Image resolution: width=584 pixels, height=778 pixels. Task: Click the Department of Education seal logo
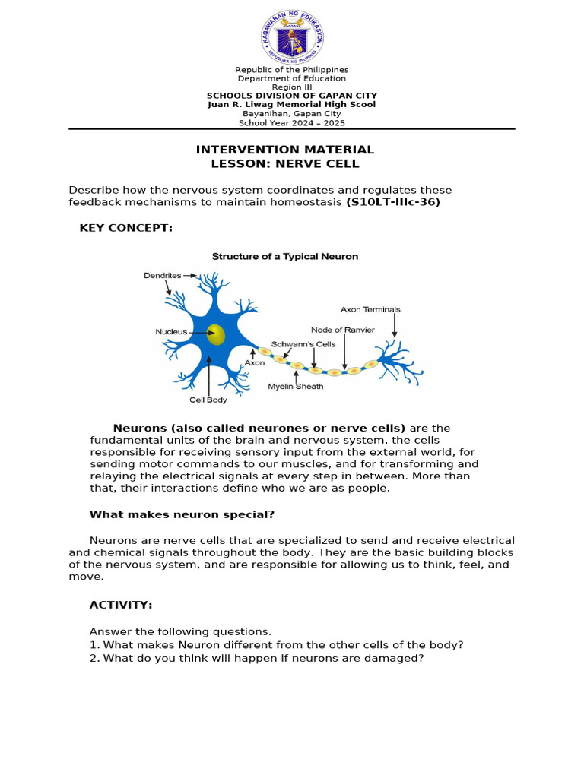pos(292,37)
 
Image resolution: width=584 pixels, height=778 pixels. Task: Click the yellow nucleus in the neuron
pos(216,334)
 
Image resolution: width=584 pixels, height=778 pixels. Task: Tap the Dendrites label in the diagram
pos(163,275)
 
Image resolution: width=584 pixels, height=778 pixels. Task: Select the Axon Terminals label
pos(370,309)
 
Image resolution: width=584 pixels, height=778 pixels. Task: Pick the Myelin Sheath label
pos(296,386)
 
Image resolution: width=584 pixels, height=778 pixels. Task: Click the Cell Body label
pos(208,399)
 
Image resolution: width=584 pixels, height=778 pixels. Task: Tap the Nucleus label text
pos(171,332)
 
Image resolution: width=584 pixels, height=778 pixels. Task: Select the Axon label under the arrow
pos(254,363)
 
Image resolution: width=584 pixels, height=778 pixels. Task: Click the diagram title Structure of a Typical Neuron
pos(284,257)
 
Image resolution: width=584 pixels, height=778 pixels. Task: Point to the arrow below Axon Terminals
pos(394,325)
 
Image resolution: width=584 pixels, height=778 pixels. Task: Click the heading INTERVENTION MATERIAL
pos(285,150)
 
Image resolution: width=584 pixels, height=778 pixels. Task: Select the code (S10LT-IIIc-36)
pos(393,202)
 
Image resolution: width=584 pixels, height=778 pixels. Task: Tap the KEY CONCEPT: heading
pos(126,228)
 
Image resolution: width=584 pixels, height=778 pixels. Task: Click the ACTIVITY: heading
pos(121,605)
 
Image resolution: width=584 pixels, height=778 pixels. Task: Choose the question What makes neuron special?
pos(182,514)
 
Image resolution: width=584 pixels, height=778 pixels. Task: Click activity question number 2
pos(256,658)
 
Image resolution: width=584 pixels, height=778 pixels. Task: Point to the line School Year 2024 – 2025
pos(291,122)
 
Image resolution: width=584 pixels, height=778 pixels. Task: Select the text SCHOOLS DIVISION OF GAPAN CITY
pos(292,96)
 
